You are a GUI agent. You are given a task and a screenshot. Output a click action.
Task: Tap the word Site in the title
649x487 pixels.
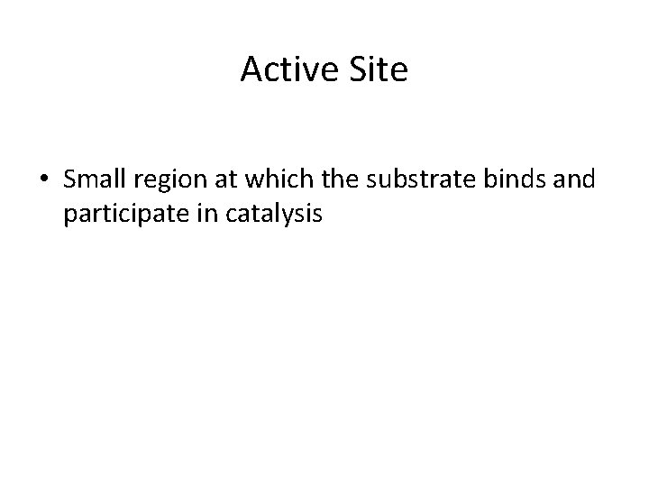coord(379,70)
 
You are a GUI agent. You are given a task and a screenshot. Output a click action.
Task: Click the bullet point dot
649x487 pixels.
coord(44,181)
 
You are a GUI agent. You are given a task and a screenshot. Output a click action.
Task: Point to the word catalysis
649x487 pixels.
coord(261,217)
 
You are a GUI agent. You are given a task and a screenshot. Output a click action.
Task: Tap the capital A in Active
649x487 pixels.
coord(251,70)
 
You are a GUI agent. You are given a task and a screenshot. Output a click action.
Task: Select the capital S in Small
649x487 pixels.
coord(70,180)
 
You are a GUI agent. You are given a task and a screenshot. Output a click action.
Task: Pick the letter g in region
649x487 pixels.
coord(163,184)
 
